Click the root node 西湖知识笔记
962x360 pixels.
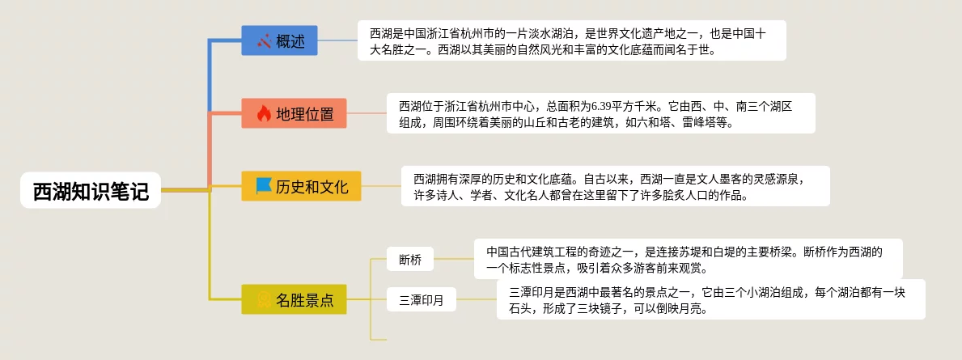point(91,192)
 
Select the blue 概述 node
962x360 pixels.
point(279,40)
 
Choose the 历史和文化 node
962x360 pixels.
point(301,187)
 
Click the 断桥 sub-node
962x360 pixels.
point(410,260)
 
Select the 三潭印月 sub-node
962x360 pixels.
point(421,301)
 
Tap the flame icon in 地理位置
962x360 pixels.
point(264,113)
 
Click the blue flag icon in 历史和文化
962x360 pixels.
point(264,187)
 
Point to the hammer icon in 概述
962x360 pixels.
point(264,40)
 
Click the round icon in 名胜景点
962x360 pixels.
point(264,300)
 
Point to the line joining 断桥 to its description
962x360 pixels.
point(454,259)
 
